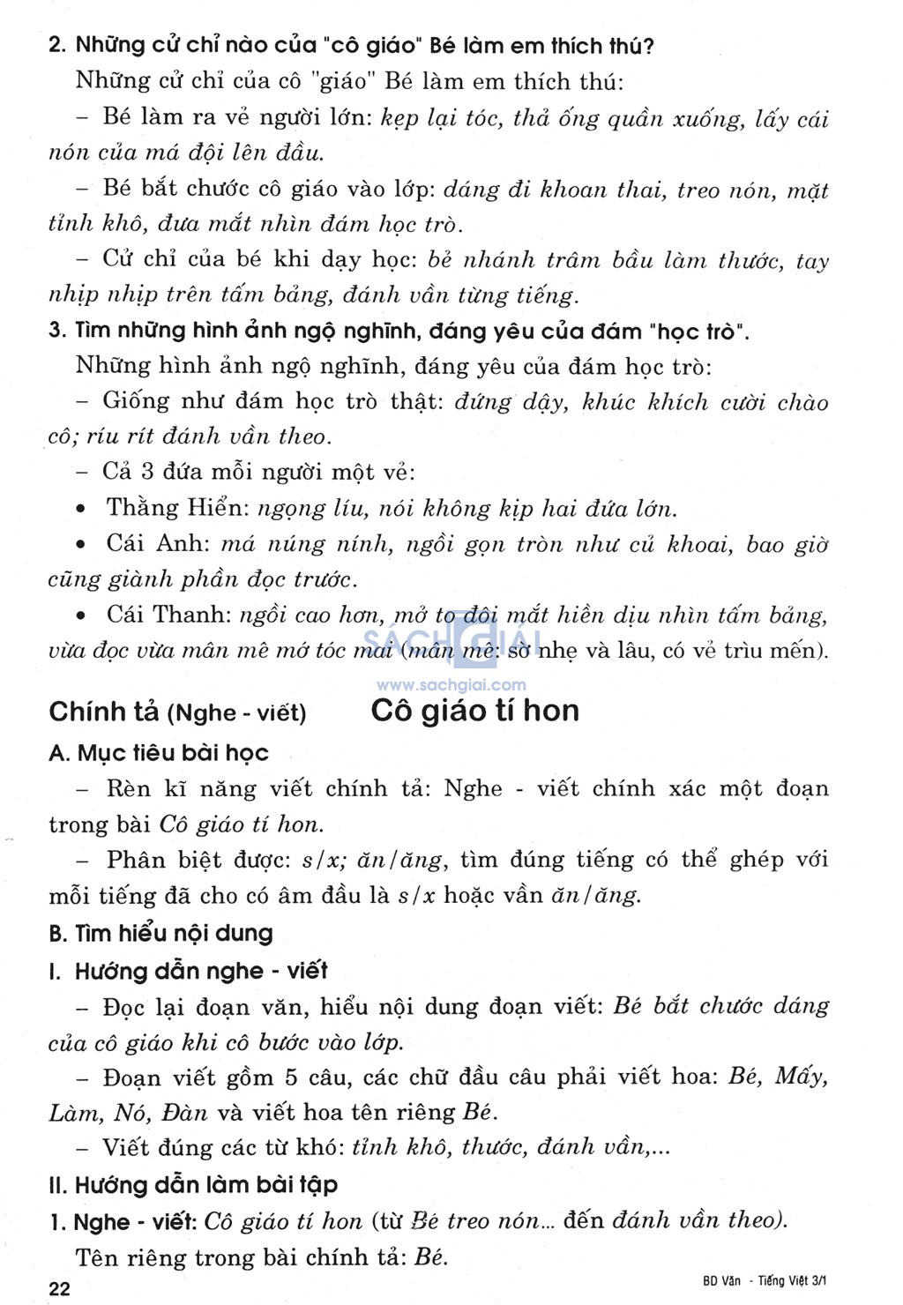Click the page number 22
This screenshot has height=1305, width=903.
coord(59,1288)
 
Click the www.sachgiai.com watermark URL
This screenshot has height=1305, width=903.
coord(451,684)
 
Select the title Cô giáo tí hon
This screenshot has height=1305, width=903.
coord(474,711)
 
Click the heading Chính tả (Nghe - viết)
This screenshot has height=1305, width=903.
coord(177,712)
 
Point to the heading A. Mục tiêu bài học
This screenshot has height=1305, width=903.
coord(159,753)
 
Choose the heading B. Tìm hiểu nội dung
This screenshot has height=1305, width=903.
coord(160,933)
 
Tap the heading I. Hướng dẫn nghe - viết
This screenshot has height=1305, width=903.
coord(188,971)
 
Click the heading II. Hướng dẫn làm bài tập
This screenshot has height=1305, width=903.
coord(193,1184)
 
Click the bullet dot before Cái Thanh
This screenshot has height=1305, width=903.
coord(81,615)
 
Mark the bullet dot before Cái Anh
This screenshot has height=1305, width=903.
coord(81,545)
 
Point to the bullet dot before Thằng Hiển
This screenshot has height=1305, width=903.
coord(81,510)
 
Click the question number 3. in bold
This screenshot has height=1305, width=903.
coord(57,331)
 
